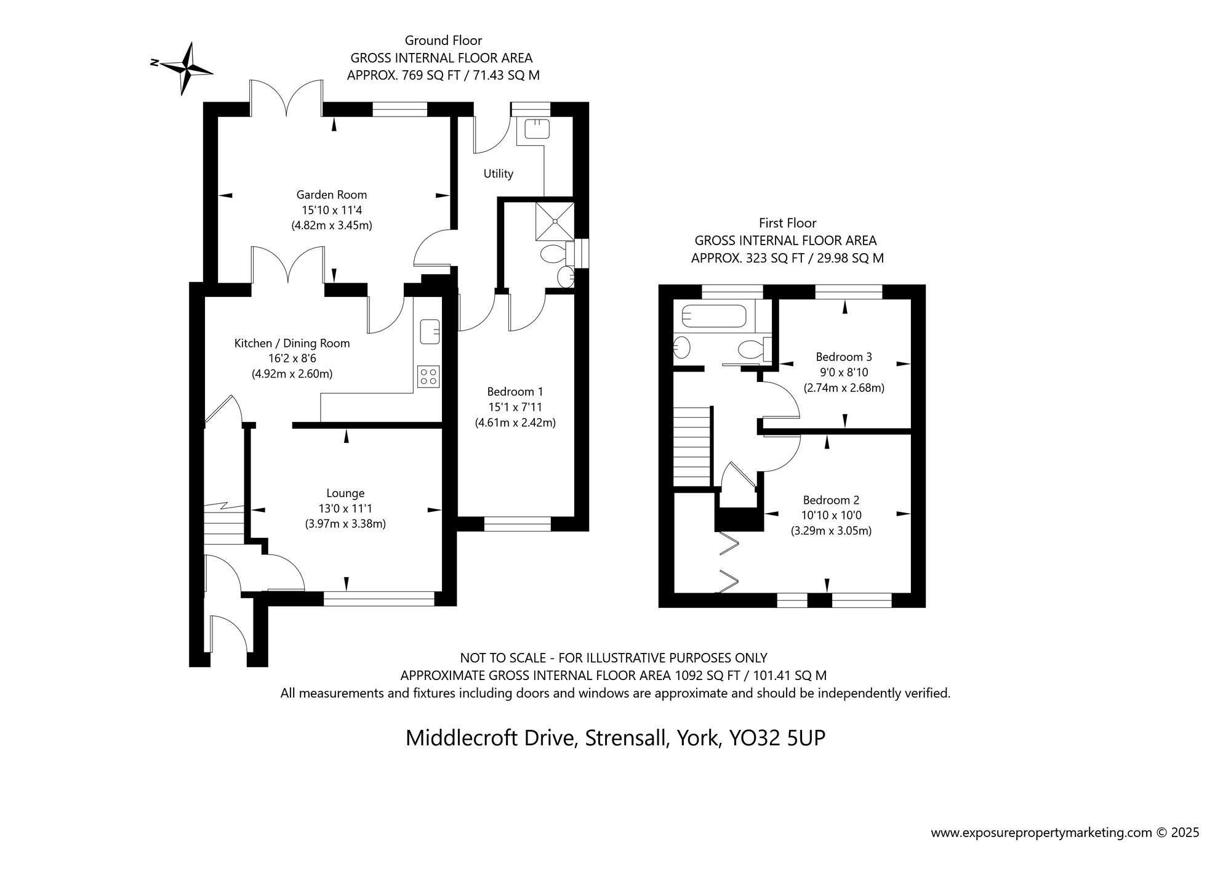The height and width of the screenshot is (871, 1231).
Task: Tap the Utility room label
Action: coord(498,174)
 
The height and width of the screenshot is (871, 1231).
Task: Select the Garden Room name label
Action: coord(331,195)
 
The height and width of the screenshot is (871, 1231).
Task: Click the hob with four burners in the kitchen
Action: coord(428,376)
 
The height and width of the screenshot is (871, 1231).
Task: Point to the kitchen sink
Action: coord(430,331)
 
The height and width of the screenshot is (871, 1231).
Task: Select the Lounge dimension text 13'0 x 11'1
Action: coord(345,509)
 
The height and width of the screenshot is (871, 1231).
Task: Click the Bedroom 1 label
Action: coord(515,391)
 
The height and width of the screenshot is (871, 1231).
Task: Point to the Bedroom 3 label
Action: coord(844,357)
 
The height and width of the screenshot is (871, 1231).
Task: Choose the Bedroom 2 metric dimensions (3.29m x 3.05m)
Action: coord(831,530)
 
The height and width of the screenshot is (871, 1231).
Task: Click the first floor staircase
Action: coord(693,447)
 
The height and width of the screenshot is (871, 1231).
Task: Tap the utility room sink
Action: coord(536,129)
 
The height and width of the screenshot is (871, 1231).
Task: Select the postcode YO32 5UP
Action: coord(777,737)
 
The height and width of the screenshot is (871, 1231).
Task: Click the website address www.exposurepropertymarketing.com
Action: coord(1041,833)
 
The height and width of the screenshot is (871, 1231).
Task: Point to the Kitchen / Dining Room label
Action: coord(292,343)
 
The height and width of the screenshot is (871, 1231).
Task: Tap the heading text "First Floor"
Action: coord(787,223)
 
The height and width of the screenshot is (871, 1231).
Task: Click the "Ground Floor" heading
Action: coord(443,41)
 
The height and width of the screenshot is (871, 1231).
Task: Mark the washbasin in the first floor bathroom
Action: coord(682,348)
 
